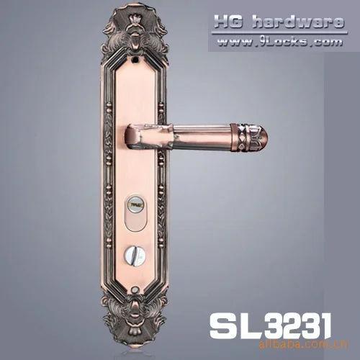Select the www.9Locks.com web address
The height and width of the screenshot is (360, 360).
click(279, 42)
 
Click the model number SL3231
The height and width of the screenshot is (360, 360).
click(270, 325)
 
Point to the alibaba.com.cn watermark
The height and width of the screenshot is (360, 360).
click(303, 344)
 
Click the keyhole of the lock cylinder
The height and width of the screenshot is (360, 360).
click(134, 205)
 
